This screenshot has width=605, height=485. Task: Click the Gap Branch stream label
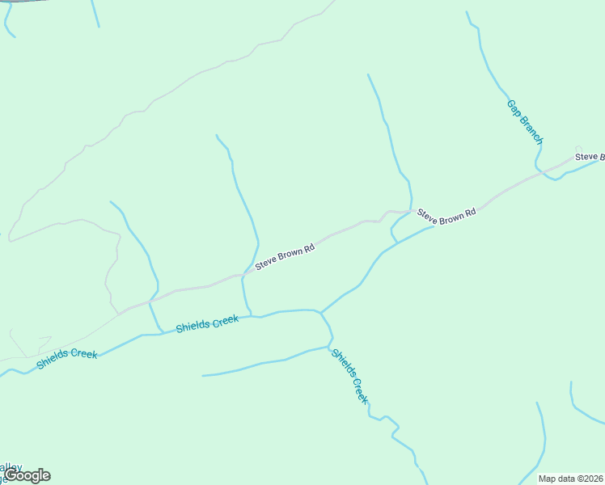[x=525, y=123]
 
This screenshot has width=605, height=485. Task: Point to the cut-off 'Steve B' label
[x=590, y=156]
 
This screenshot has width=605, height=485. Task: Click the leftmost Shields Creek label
[x=66, y=360]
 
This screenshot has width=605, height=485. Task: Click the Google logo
[x=27, y=475]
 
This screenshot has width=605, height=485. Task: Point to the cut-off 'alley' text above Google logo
[x=11, y=466]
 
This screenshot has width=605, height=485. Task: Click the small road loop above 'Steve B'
[x=578, y=148]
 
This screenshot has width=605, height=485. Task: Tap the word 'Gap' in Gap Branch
[x=513, y=106]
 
